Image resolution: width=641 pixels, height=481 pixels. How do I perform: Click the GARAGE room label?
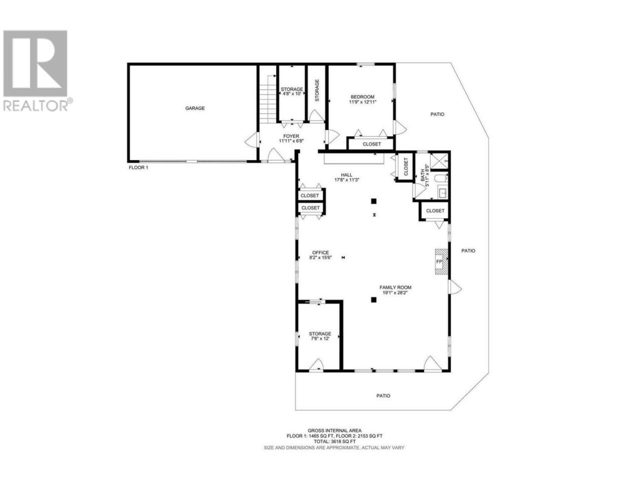195,108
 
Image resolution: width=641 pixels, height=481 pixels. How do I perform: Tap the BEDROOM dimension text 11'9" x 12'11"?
363,102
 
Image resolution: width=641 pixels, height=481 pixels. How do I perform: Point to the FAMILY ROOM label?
396,288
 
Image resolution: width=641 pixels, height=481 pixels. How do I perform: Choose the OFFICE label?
320,253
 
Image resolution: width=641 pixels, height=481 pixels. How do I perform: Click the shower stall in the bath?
439,161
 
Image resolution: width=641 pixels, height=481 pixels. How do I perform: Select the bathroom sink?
443,193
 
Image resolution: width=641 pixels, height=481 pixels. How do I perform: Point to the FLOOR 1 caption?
138,168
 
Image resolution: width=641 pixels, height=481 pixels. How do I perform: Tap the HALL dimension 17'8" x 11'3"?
347,180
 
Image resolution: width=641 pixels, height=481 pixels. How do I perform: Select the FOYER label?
291,136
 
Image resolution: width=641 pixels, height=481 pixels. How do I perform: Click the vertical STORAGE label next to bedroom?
317,90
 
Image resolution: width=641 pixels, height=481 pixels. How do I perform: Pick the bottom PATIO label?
383,396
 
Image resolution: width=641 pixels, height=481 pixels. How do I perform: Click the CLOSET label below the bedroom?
372,144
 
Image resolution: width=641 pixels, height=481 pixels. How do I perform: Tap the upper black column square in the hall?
374,201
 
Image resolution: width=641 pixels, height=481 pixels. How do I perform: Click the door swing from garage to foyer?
251,140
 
